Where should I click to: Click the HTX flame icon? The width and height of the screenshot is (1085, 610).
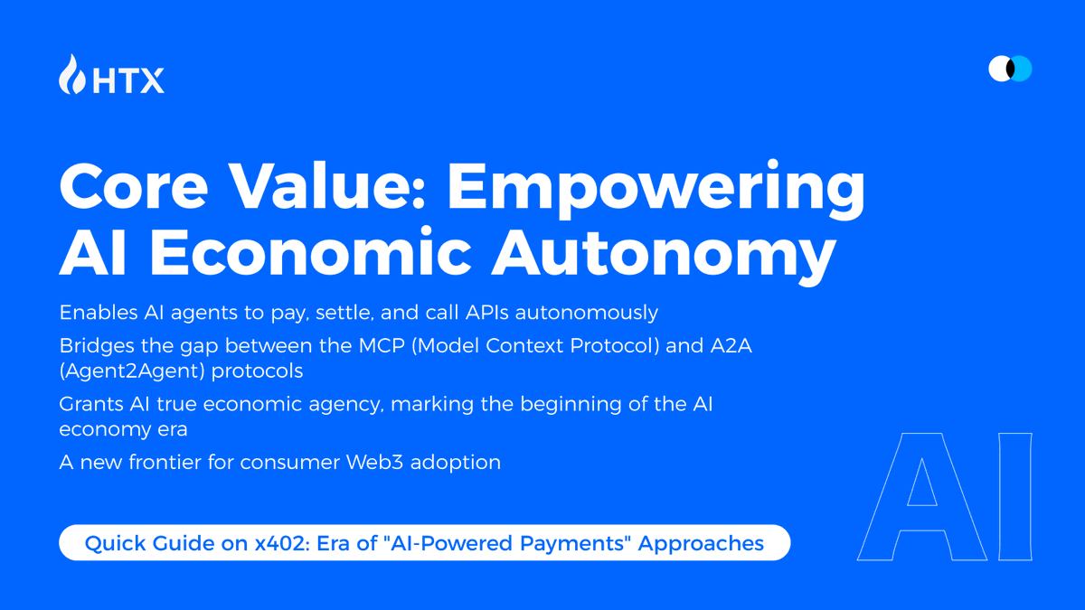72,74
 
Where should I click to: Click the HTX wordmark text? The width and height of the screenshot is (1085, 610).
128,80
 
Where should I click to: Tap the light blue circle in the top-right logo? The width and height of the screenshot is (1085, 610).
1022,69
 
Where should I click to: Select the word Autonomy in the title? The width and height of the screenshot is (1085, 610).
664,255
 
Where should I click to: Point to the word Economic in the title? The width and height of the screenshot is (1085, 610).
310,251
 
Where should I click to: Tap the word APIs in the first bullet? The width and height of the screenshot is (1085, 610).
487,313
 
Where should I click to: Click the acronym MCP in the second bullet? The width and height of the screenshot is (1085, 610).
382,345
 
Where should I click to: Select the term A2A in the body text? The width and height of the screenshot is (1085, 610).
731,345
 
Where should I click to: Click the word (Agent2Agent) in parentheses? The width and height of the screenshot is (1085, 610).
132,371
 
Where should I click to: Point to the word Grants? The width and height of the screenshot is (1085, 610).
91,404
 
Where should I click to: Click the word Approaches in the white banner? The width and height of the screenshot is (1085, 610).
701,544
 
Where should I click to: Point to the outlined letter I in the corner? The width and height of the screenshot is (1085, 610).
1015,497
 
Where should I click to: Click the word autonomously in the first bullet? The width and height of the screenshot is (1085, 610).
587,314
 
